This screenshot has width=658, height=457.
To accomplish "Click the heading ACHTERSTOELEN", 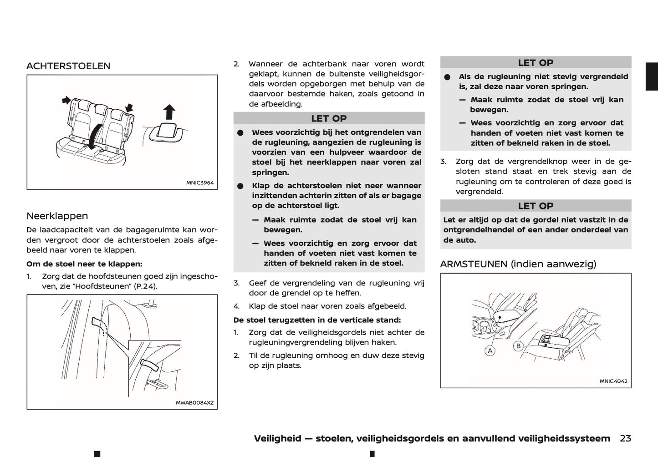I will click(68, 66).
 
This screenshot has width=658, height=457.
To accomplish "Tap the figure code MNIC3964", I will click(199, 183).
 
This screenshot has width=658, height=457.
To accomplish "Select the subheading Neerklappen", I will click(57, 216).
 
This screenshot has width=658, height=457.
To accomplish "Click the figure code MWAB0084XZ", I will click(194, 403).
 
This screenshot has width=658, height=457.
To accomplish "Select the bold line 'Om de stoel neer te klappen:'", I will click(84, 264).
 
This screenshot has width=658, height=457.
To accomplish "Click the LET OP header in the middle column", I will click(329, 118).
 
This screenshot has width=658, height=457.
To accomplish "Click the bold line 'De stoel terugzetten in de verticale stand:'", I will click(317, 320).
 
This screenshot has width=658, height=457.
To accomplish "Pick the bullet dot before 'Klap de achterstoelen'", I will click(241, 186).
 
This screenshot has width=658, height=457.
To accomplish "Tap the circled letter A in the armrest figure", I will click(490, 351).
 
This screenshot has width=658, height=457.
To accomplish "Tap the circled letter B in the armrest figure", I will click(518, 346).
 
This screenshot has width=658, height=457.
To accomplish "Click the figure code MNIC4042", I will click(613, 381).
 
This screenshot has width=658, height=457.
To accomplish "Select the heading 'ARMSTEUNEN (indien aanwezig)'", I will click(518, 264).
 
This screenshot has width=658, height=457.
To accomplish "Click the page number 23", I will click(625, 438).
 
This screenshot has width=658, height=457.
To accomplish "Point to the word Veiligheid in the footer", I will click(277, 438).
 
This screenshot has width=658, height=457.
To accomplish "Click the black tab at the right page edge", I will click(652, 76).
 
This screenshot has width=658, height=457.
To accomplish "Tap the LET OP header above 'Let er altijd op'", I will click(536, 206).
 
